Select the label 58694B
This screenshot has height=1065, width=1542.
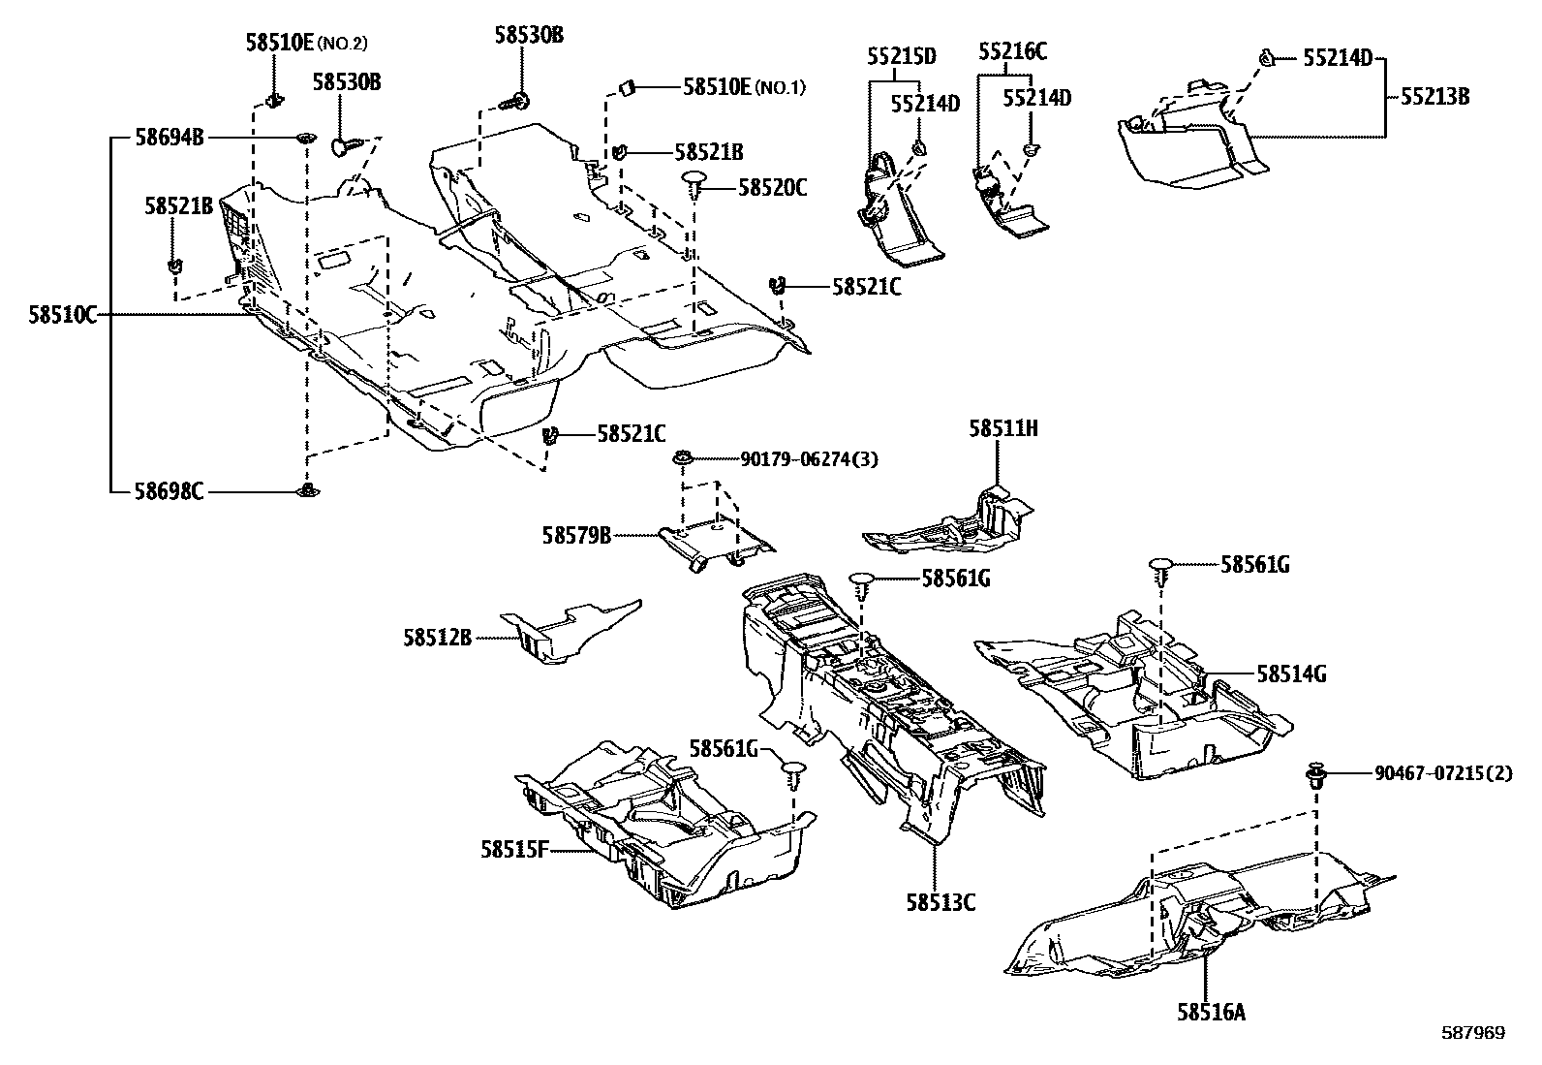[170, 138]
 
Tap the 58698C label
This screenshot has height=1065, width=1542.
[170, 491]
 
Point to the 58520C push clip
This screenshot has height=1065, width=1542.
[695, 181]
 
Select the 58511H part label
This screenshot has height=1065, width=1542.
[1002, 428]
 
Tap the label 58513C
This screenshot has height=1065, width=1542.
[941, 902]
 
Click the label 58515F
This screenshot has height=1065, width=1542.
[514, 850]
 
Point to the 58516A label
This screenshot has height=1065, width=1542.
[1211, 1013]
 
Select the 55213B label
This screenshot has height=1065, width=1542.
[1434, 97]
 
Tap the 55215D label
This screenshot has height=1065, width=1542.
[901, 56]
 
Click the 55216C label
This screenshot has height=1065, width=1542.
[1012, 51]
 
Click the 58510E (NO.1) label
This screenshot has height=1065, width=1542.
[744, 86]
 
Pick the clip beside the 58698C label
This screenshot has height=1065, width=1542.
[309, 491]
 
